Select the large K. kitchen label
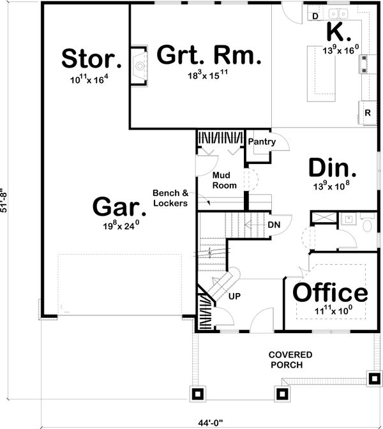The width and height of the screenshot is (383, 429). (338, 32)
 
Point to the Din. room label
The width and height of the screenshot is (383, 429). (332, 168)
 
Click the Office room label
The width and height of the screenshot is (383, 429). (330, 293)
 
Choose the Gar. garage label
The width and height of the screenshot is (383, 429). (116, 206)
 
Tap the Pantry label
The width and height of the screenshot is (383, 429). (262, 142)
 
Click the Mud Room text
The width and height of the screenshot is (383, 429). (224, 180)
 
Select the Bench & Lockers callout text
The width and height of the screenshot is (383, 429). (170, 198)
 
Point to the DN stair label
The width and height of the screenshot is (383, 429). (273, 225)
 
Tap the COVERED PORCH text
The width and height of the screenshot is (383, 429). (290, 359)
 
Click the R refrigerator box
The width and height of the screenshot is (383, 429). (368, 112)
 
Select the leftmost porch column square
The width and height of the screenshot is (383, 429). (198, 393)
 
